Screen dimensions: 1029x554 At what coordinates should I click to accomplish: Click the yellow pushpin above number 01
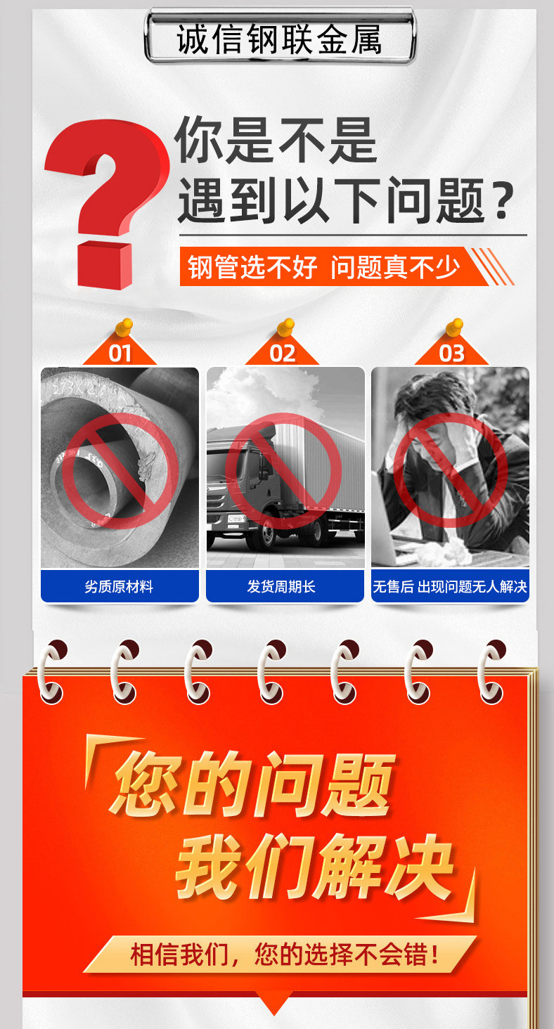point(124,327)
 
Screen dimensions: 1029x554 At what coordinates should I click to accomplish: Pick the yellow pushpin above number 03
point(455,327)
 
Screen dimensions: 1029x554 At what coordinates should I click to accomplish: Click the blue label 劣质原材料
point(120,586)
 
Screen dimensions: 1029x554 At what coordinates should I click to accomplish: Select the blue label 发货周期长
point(285,586)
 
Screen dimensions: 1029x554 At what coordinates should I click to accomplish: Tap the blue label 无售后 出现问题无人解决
point(450,586)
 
